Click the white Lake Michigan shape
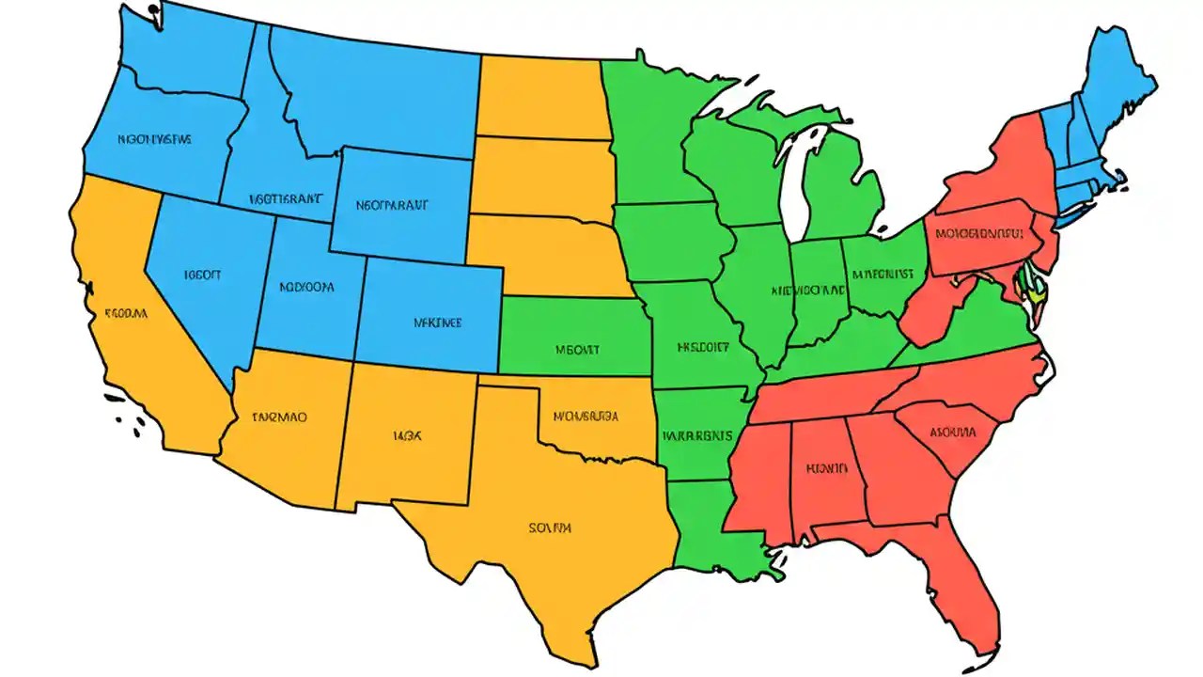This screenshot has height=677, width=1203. pos(795,188)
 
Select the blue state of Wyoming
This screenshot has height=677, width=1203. pos(404,202)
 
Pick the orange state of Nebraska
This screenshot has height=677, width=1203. pos(545,249)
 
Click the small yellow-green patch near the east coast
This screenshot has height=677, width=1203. pos(1035,288)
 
